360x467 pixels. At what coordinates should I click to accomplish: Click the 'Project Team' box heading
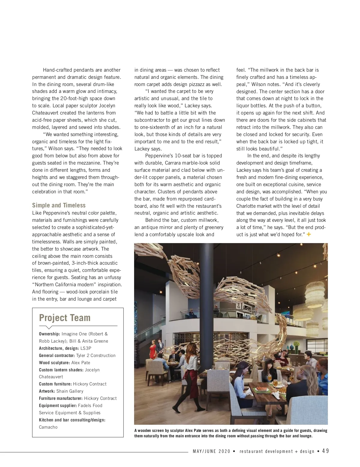point(64,318)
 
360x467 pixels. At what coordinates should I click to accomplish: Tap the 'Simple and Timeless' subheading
point(59,205)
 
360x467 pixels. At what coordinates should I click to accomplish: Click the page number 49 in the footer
point(325,451)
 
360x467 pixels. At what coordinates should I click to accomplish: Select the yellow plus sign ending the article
point(309,234)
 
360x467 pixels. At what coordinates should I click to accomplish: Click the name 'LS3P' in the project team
point(86,348)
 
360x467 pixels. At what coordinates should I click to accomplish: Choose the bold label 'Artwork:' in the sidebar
point(47,391)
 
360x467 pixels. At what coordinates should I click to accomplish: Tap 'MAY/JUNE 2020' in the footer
point(211,451)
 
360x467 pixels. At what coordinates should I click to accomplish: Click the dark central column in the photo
point(206,300)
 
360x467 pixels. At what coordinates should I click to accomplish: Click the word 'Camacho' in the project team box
point(48,427)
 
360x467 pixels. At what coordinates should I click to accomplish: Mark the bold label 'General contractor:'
point(57,355)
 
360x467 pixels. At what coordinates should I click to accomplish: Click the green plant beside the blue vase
point(296,344)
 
